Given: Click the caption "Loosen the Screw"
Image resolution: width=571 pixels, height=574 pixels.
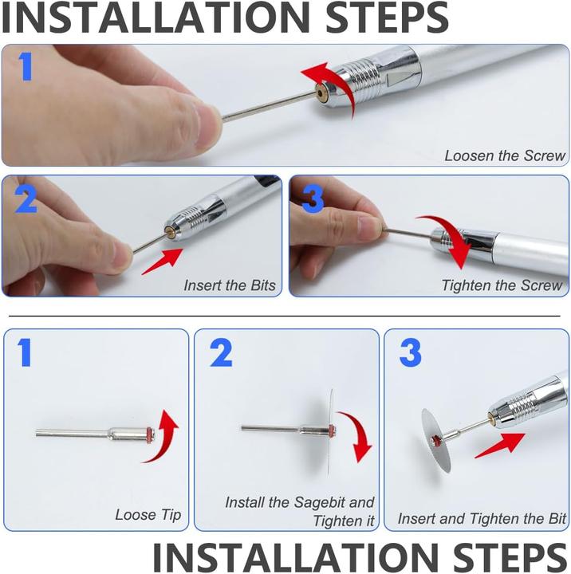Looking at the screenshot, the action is pyautogui.click(x=505, y=155).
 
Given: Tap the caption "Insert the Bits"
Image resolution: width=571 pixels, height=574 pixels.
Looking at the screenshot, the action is pyautogui.click(x=230, y=285).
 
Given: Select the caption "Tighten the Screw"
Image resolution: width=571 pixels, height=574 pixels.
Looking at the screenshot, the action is pyautogui.click(x=502, y=285).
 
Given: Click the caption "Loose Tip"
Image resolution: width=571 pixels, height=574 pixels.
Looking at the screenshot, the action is pyautogui.click(x=148, y=515).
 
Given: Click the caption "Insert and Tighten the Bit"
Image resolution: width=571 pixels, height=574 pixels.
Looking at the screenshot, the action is pyautogui.click(x=482, y=519).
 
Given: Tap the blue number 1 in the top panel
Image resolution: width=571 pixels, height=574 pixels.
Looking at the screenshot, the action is pyautogui.click(x=26, y=66).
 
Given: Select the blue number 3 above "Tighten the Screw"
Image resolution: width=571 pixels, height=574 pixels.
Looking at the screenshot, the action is pyautogui.click(x=313, y=199).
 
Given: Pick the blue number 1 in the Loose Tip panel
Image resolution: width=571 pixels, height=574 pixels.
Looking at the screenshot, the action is pyautogui.click(x=24, y=352).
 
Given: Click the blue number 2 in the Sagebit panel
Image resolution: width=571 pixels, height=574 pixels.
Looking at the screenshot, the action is pyautogui.click(x=221, y=352).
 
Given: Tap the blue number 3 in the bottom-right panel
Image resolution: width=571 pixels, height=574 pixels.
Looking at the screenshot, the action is pyautogui.click(x=410, y=352).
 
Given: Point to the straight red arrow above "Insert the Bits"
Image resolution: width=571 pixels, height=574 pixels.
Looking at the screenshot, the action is pyautogui.click(x=163, y=261).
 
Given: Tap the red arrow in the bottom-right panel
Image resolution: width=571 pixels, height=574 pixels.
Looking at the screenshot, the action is pyautogui.click(x=500, y=445).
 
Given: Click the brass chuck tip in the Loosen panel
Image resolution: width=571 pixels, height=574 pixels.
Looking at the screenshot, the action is pyautogui.click(x=322, y=92).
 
